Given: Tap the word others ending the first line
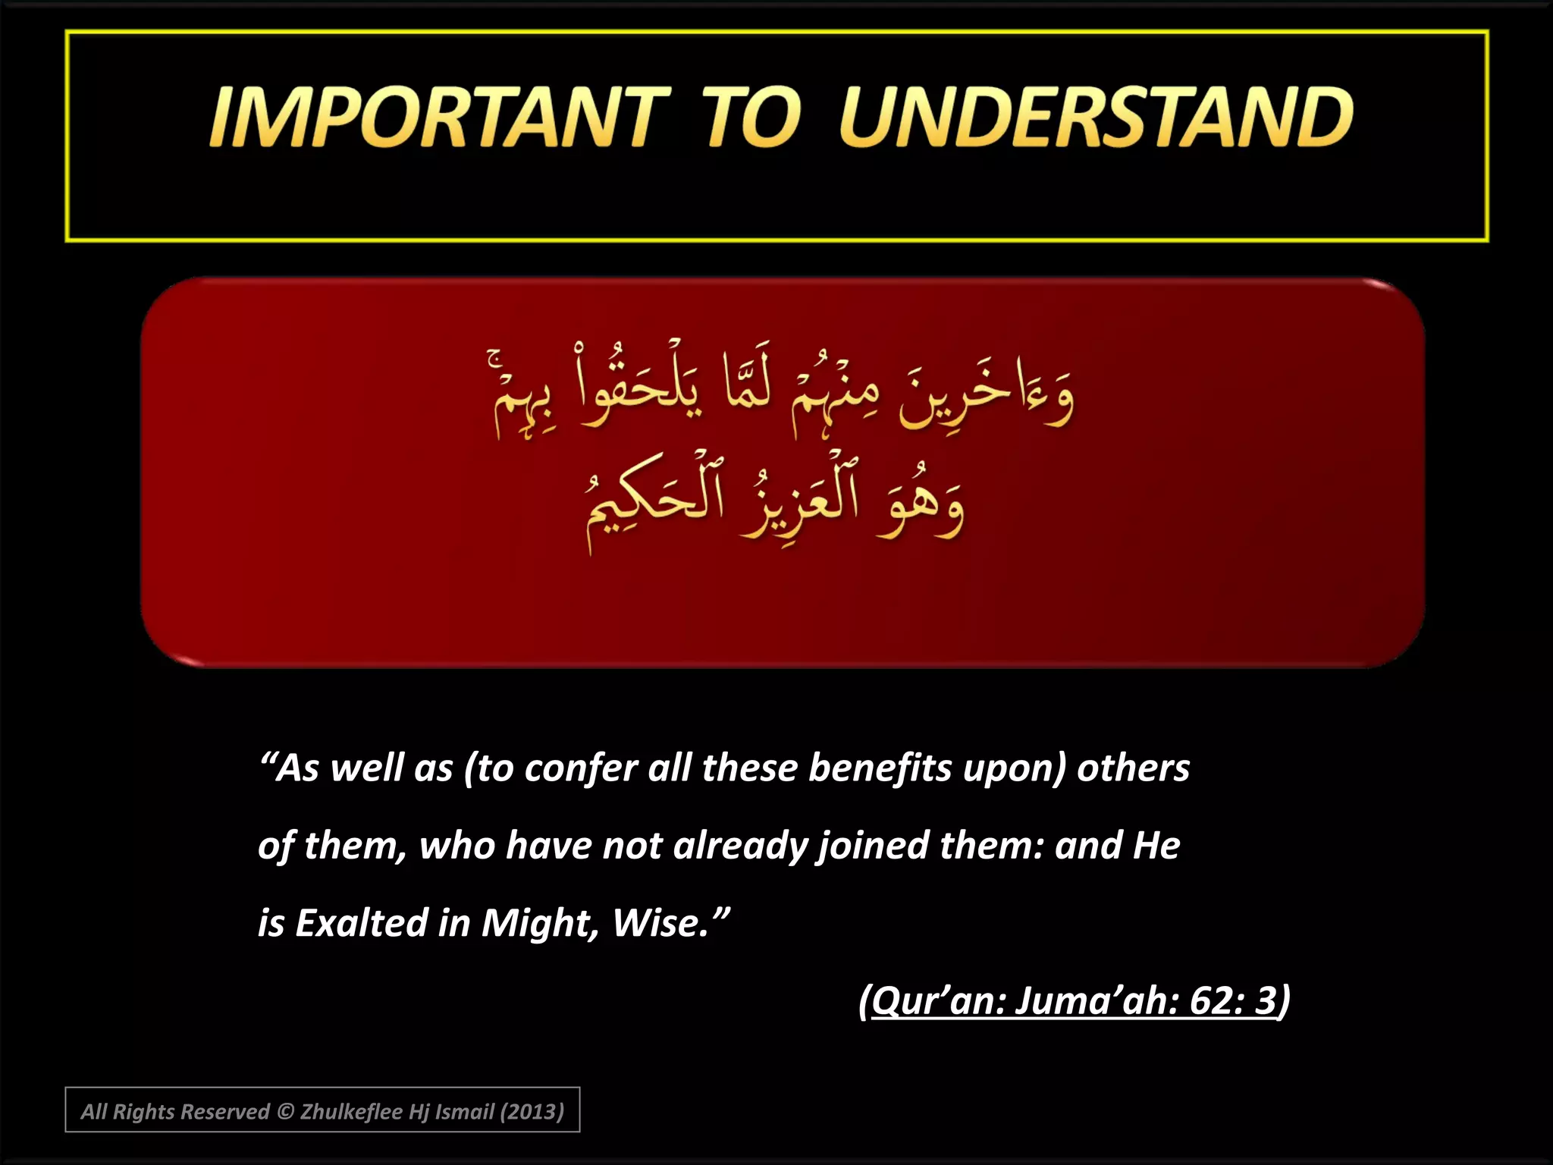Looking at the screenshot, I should [1133, 768].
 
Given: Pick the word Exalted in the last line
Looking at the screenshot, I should [361, 924].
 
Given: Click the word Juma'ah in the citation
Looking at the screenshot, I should [1097, 1001].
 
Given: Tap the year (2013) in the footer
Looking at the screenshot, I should [532, 1112].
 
